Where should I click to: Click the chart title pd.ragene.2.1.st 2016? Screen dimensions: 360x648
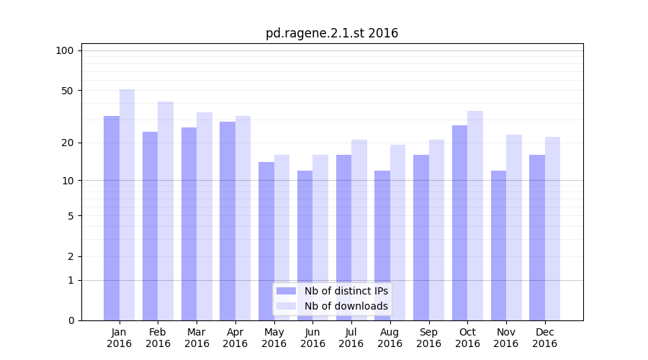pyautogui.click(x=331, y=33)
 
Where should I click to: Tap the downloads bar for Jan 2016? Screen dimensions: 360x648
pyautogui.click(x=127, y=205)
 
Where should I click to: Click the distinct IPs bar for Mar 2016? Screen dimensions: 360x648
pyautogui.click(x=189, y=224)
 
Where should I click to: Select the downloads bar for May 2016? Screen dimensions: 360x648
pyautogui.click(x=282, y=238)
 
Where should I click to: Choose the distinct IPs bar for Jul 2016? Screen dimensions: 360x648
pyautogui.click(x=343, y=238)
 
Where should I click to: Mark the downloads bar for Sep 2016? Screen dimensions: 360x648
pyautogui.click(x=436, y=230)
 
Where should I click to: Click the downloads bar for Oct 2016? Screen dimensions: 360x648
pyautogui.click(x=475, y=216)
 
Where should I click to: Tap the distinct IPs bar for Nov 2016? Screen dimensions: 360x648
pyautogui.click(x=498, y=246)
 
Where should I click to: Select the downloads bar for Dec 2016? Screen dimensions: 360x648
pyautogui.click(x=552, y=229)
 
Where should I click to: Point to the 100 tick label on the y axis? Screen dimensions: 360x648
pyautogui.click(x=65, y=50)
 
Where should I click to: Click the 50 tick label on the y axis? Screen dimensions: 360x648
pyautogui.click(x=67, y=91)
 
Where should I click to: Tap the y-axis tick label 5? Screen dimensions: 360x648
pyautogui.click(x=71, y=216)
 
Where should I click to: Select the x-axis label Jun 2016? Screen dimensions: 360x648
pyautogui.click(x=312, y=338)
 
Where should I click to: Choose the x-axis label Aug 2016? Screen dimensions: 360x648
pyautogui.click(x=390, y=338)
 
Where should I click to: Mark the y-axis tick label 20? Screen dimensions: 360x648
pyautogui.click(x=67, y=143)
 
